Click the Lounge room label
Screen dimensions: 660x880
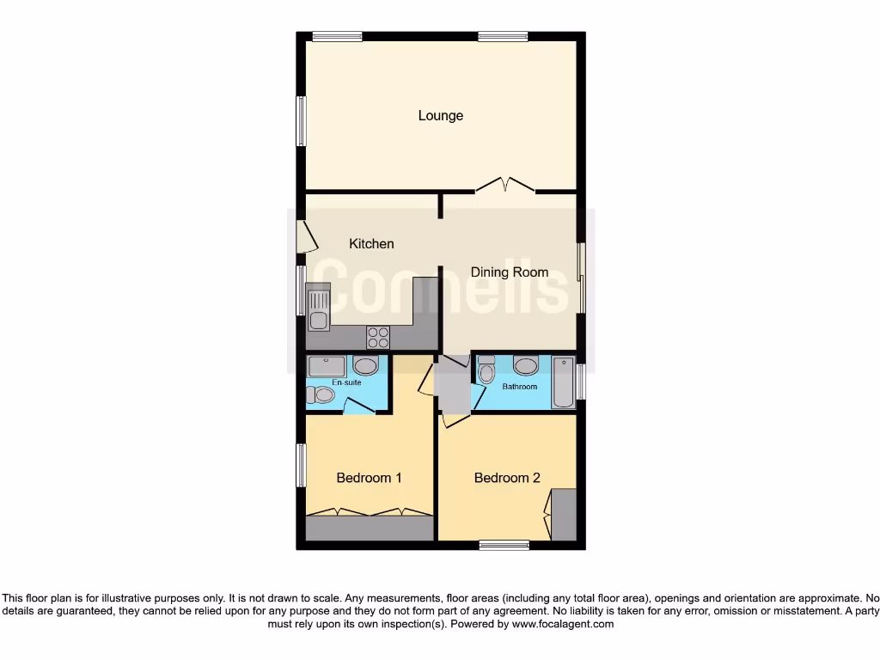pyautogui.click(x=441, y=116)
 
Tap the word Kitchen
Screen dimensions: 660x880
pyautogui.click(x=371, y=244)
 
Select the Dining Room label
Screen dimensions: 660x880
pyautogui.click(x=509, y=272)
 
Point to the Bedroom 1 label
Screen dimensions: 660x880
pyautogui.click(x=369, y=478)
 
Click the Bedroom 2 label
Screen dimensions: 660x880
pyautogui.click(x=507, y=478)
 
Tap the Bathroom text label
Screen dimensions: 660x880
pyautogui.click(x=520, y=387)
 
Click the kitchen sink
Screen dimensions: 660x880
pyautogui.click(x=318, y=311)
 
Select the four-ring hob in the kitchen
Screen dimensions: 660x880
pyautogui.click(x=378, y=336)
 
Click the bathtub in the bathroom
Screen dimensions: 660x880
pyautogui.click(x=563, y=382)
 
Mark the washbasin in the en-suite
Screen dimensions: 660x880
pyautogui.click(x=366, y=367)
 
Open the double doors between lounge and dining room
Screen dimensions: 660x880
pyautogui.click(x=505, y=185)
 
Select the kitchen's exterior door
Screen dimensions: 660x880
pyautogui.click(x=302, y=237)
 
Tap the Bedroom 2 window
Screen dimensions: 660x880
pyautogui.click(x=504, y=544)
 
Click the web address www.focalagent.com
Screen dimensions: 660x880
pyautogui.click(x=563, y=625)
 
